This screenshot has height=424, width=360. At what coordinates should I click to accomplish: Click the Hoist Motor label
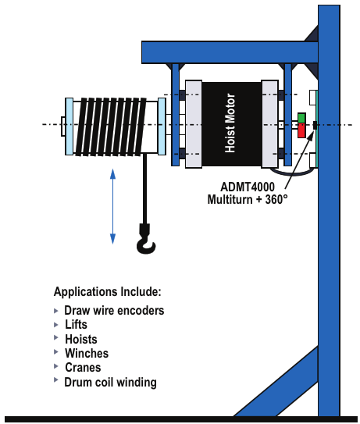(x=230, y=123)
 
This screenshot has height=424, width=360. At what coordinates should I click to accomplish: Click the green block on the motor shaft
(x=301, y=118)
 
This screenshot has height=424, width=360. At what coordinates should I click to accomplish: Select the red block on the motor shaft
(x=301, y=130)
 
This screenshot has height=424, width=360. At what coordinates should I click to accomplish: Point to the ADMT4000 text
(x=248, y=187)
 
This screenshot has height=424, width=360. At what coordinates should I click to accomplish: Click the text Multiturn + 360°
(x=248, y=200)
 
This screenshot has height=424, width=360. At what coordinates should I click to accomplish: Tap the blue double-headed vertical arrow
(x=112, y=206)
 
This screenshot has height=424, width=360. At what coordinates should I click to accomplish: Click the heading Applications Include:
(x=108, y=292)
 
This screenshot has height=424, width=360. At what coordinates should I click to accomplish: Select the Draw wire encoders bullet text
(x=114, y=311)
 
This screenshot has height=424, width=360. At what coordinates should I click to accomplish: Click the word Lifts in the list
(x=76, y=325)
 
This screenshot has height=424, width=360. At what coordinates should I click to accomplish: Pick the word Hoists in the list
(x=81, y=339)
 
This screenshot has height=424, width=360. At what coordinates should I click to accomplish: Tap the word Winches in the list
(x=87, y=353)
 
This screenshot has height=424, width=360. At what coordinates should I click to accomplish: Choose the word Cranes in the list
(x=83, y=368)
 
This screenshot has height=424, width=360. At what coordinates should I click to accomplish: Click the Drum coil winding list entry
(x=110, y=383)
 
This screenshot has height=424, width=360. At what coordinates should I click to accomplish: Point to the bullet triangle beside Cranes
(x=56, y=366)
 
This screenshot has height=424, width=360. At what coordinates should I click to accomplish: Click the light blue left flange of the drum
(x=70, y=126)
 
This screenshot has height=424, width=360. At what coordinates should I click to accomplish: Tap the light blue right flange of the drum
(x=162, y=126)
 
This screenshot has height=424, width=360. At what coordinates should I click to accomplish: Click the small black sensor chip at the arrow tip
(x=315, y=125)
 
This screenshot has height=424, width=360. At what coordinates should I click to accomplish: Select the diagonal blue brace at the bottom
(x=276, y=381)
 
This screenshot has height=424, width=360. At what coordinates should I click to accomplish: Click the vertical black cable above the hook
(x=145, y=189)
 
